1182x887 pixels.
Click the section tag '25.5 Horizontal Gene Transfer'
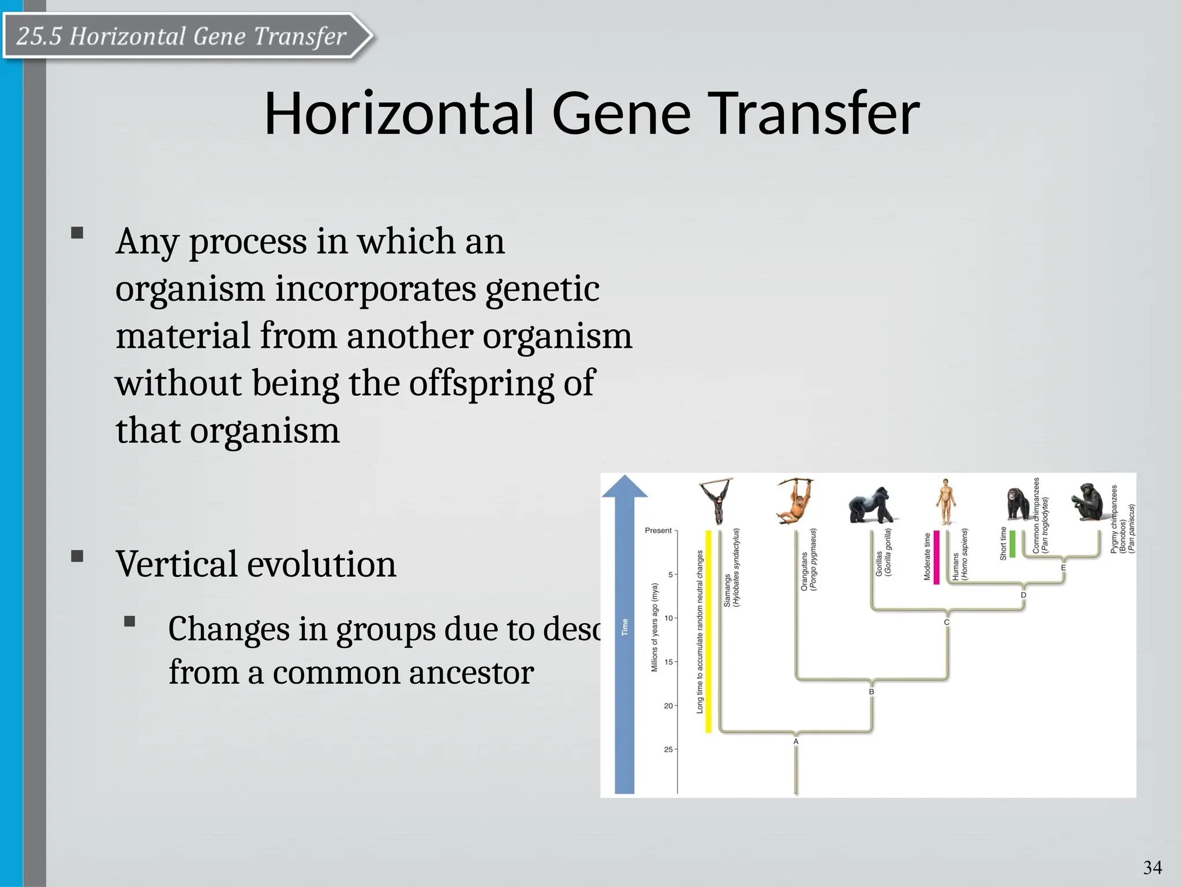(x=182, y=36)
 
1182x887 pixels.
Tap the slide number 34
(x=1152, y=867)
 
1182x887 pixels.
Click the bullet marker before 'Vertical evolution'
(x=77, y=557)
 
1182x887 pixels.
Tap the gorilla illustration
(x=870, y=505)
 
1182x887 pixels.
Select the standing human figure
(x=945, y=501)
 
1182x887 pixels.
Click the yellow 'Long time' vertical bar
(x=709, y=631)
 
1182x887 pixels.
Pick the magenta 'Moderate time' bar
(x=936, y=557)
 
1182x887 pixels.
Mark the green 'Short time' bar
(x=1012, y=543)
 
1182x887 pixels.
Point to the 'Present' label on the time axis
(x=658, y=531)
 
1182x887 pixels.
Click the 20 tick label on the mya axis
(x=668, y=706)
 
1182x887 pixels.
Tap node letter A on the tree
(x=796, y=741)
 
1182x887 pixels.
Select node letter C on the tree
(x=947, y=623)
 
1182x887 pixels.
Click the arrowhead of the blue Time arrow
(x=624, y=487)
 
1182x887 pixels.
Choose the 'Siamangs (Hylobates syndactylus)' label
(x=732, y=568)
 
